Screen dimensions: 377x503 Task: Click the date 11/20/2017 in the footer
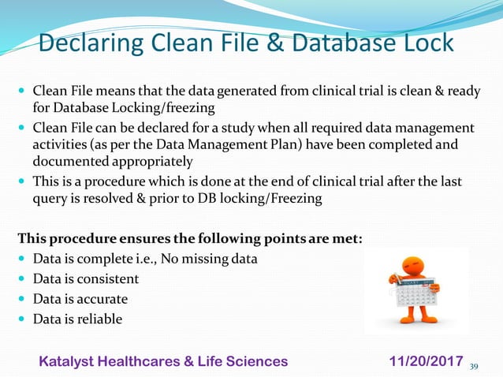tap(427, 361)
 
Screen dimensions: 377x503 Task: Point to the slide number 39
tap(474, 365)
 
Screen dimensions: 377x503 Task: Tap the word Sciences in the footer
tap(255, 361)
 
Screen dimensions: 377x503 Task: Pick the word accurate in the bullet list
tap(102, 299)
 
